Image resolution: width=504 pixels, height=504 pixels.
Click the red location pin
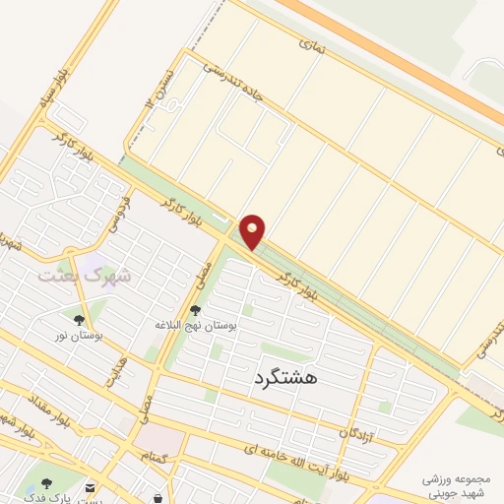[x=253, y=231]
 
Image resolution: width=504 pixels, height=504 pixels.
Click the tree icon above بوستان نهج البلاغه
[x=194, y=309]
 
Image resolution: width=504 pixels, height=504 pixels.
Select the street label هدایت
[x=116, y=372]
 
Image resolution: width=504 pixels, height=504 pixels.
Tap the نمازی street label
[x=311, y=43]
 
